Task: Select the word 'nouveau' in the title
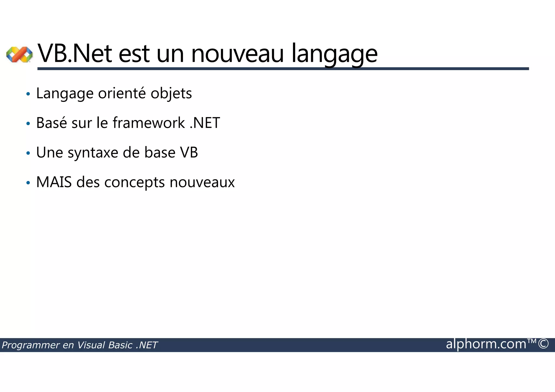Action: pyautogui.click(x=237, y=54)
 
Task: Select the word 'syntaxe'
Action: pyautogui.click(x=93, y=153)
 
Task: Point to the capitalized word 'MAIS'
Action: pyautogui.click(x=54, y=182)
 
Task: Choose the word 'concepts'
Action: pyautogui.click(x=134, y=183)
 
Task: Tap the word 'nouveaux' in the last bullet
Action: pyautogui.click(x=202, y=182)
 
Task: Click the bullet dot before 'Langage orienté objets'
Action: pyautogui.click(x=28, y=94)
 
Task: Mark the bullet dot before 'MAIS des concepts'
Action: pyautogui.click(x=28, y=183)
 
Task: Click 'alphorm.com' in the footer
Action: pyautogui.click(x=486, y=344)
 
